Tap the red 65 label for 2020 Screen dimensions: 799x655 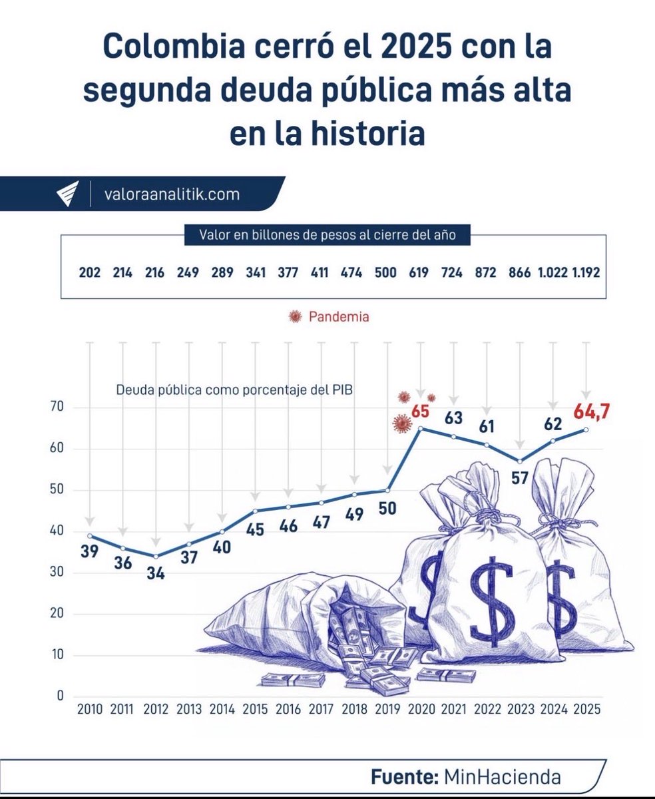(x=420, y=411)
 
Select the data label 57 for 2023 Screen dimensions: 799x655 (x=521, y=479)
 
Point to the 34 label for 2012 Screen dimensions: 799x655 (x=156, y=573)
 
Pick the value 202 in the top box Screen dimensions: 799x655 (x=90, y=274)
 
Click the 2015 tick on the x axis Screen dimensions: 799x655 (x=255, y=709)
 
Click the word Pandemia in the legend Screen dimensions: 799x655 (x=339, y=318)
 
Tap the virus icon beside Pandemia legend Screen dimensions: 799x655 (x=294, y=318)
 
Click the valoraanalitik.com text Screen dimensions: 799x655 (x=172, y=194)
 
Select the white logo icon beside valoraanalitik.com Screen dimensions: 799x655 (x=67, y=194)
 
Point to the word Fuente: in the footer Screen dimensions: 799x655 (x=401, y=776)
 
